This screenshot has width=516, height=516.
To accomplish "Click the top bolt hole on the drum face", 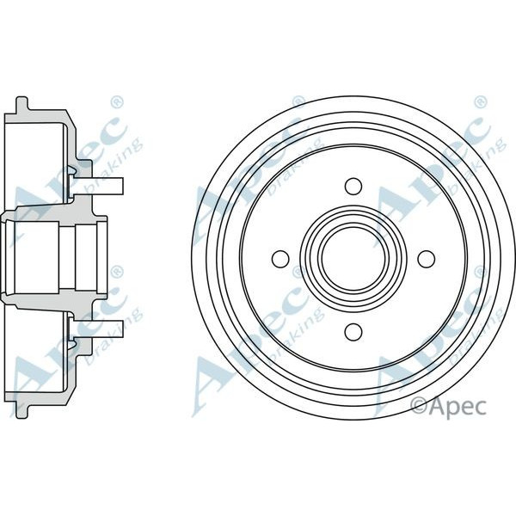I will pos(353,186).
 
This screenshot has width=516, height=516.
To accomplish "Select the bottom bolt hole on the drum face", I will pos(353,331).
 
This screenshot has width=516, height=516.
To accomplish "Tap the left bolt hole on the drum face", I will pos(279,258).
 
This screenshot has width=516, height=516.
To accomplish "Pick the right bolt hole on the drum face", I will pos(425,258).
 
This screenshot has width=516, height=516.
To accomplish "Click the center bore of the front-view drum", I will pos(353,258).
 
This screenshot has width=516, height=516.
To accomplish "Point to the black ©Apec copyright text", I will pos(449,403).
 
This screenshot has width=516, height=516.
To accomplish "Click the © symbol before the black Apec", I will pos(419,403).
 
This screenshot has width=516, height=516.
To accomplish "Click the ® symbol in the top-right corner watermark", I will pos(478,101).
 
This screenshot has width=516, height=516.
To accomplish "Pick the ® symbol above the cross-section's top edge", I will pos(117,101).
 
